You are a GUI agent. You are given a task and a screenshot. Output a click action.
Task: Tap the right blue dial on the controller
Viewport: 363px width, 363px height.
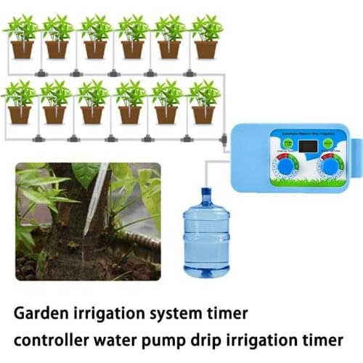click(x=331, y=166)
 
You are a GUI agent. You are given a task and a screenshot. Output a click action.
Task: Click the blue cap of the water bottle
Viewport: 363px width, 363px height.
click(x=206, y=193)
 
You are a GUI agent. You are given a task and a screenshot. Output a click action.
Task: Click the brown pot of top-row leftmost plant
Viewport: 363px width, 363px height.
click(x=22, y=49)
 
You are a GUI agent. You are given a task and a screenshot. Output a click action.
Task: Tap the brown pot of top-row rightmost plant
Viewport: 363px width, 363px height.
click(x=206, y=49)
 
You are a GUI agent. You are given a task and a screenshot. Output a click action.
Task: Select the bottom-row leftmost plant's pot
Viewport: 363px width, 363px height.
click(x=20, y=115)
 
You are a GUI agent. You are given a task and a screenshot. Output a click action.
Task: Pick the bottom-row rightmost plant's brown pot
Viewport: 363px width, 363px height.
click(x=204, y=115)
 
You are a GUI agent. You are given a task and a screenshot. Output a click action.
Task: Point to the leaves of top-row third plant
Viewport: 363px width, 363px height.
click(x=95, y=28)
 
